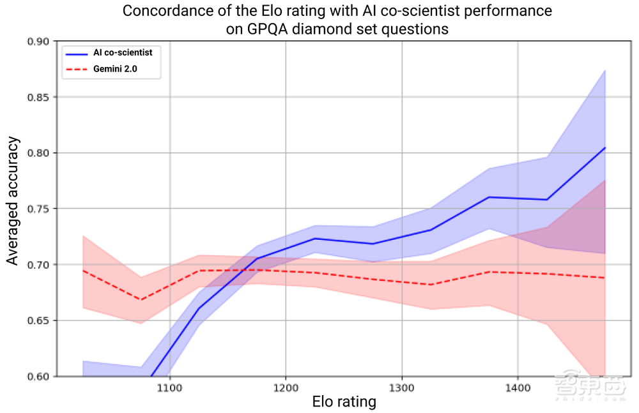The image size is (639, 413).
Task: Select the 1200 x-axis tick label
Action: click(285, 387)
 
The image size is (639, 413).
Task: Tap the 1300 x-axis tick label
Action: click(401, 387)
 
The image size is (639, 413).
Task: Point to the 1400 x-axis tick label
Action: click(517, 387)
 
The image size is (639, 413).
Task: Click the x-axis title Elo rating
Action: click(344, 402)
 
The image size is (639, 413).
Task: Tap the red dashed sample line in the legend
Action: click(76, 68)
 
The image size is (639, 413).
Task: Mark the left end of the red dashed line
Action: click(83, 271)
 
